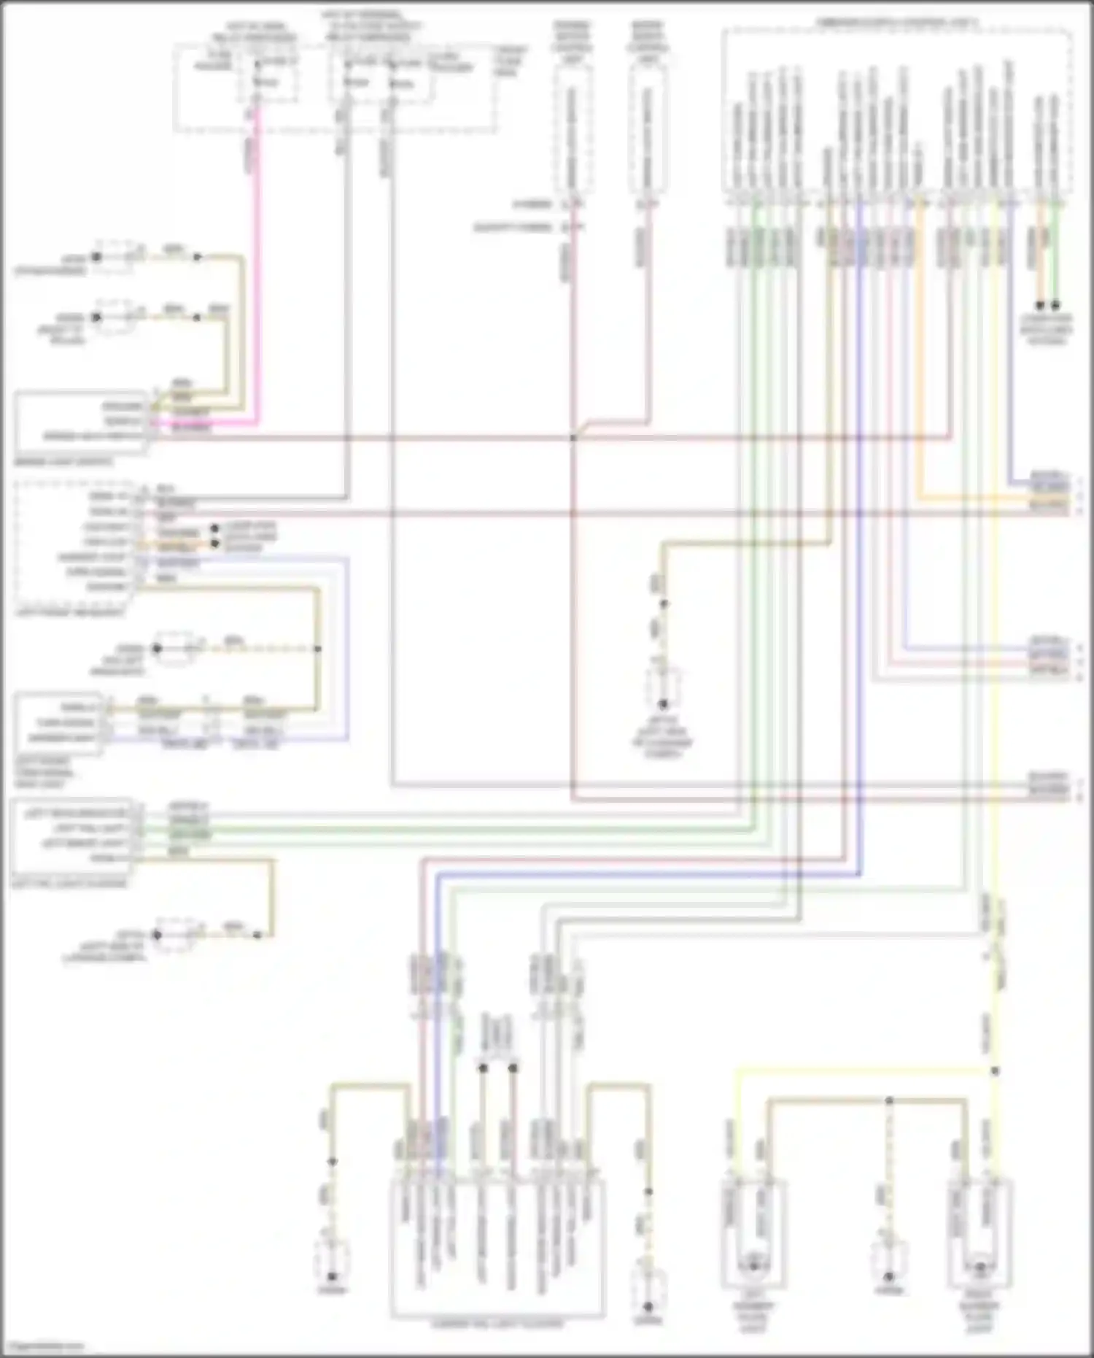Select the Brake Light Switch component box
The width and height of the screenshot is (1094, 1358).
click(80, 423)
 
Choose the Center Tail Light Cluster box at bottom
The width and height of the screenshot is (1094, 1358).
click(497, 1249)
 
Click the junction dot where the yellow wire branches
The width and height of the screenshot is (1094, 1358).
click(995, 1071)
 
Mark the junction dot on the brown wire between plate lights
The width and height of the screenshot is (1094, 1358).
click(889, 1100)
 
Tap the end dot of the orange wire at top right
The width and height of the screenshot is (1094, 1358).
click(1040, 306)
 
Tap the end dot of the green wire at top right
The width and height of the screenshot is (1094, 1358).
click(1055, 306)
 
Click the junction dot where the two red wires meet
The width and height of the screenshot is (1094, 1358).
click(573, 438)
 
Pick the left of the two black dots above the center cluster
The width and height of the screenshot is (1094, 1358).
click(483, 1068)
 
